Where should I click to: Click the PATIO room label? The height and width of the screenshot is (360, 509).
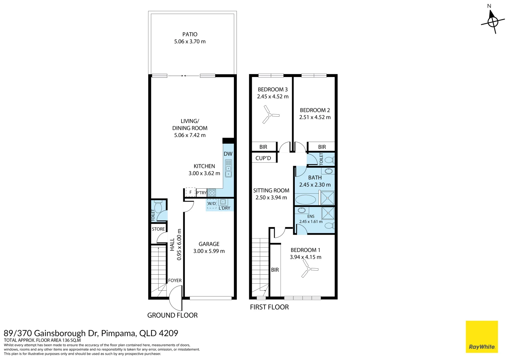(190, 34)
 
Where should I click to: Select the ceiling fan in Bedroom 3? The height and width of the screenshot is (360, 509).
(270, 115)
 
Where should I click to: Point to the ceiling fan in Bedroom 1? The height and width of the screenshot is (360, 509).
(309, 269)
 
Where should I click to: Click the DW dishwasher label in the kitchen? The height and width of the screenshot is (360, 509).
(228, 154)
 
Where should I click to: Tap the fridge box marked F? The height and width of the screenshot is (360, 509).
(191, 192)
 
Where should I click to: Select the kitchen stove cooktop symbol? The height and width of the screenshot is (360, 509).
(212, 193)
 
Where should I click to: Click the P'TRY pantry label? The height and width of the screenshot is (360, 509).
(201, 193)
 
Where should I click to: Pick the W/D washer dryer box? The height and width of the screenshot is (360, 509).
(212, 204)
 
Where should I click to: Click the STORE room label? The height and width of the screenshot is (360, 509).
(158, 229)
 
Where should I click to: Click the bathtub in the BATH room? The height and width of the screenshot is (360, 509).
(305, 200)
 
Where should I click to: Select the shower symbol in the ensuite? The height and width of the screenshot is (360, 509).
(328, 213)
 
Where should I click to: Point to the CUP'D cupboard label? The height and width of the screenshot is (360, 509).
(263, 158)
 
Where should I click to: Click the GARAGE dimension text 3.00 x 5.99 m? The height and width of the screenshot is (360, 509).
(209, 251)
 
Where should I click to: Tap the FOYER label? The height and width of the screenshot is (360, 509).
(175, 280)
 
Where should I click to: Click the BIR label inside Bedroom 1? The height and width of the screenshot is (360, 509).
(275, 270)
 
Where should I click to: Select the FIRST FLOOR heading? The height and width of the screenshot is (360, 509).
(269, 307)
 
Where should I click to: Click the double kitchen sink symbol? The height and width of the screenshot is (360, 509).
(229, 168)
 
